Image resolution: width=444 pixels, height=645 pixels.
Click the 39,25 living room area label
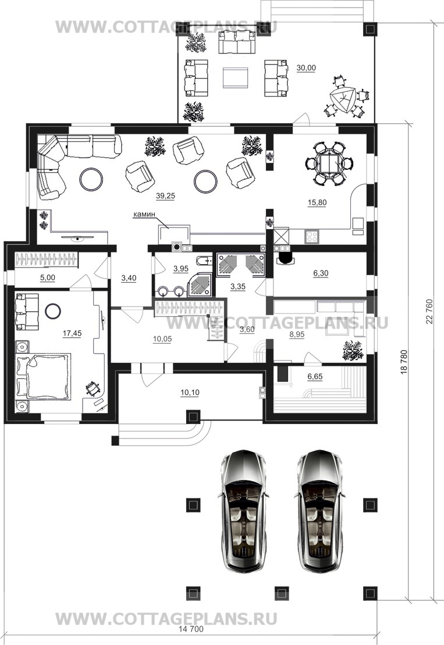coord(165,196)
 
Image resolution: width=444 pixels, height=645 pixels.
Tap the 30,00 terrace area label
coord(306,68)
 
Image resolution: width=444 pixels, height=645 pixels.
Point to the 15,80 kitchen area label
coord(317,202)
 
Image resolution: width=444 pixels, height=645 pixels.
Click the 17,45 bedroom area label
coord(72,334)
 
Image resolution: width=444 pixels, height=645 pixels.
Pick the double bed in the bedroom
coord(43,375)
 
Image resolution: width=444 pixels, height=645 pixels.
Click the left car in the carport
coord(243,510)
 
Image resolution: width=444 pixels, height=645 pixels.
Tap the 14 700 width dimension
coord(191,629)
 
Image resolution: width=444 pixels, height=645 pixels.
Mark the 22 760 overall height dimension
coord(429,311)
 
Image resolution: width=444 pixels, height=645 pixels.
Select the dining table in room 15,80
coord(329,163)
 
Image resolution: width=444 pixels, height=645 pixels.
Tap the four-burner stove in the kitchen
coord(312,237)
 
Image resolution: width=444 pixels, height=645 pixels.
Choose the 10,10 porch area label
coord(190,393)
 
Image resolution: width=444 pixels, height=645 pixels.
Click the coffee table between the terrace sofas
coord(236,77)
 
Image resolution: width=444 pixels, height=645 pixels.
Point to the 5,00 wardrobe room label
coord(47,278)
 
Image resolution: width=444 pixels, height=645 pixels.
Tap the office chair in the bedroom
coord(93,389)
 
